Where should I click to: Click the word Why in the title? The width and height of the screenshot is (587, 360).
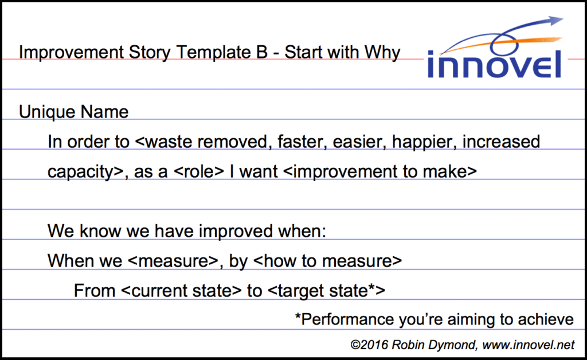point(382,53)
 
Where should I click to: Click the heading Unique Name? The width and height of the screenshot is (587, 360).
point(73,112)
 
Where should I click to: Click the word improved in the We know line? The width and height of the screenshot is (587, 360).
point(233,232)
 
